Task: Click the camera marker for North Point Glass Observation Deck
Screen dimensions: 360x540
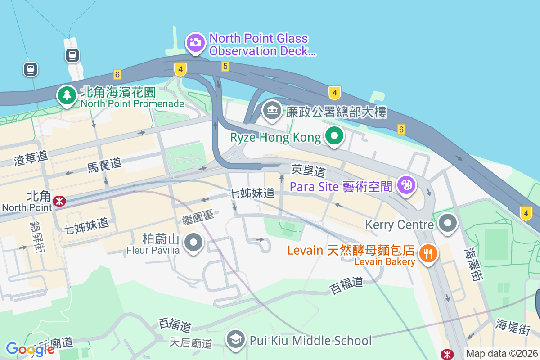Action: (x=195, y=43)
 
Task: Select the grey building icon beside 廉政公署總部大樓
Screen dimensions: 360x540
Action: (x=272, y=111)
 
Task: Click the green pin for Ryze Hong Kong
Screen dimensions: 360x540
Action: (x=334, y=136)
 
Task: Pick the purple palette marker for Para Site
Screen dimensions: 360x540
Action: (x=406, y=185)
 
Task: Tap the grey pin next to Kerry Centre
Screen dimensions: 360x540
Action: (x=448, y=223)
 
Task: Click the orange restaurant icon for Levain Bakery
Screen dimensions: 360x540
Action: (x=428, y=253)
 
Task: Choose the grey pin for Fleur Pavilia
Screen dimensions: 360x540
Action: (x=194, y=243)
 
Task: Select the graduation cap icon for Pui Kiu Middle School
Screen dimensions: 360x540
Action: (x=235, y=340)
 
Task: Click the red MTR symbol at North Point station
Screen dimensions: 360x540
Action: (x=59, y=201)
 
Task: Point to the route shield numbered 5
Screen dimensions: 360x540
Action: (x=225, y=67)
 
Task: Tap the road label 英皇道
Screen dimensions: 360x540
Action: (x=308, y=171)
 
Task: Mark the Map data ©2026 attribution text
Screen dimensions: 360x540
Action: (x=502, y=354)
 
